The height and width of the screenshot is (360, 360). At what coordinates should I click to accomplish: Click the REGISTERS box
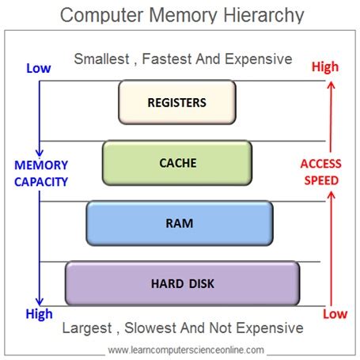pyautogui.click(x=177, y=103)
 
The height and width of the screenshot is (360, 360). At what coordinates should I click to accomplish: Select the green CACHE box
pyautogui.click(x=177, y=163)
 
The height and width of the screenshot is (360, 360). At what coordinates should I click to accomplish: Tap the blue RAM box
pyautogui.click(x=179, y=222)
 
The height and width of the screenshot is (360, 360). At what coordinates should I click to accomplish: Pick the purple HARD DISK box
pyautogui.click(x=182, y=283)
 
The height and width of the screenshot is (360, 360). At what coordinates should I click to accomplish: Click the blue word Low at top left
pyautogui.click(x=38, y=68)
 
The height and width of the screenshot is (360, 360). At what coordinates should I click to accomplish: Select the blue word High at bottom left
pyautogui.click(x=38, y=314)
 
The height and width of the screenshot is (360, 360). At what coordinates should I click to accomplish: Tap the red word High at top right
pyautogui.click(x=324, y=68)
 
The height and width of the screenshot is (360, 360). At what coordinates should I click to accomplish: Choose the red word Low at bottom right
pyautogui.click(x=335, y=314)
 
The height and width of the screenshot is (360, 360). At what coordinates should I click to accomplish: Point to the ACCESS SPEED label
pyautogui.click(x=320, y=172)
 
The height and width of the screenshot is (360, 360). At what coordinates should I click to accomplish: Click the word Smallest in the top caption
pyautogui.click(x=102, y=59)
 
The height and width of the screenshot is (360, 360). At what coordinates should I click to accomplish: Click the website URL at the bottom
pyautogui.click(x=186, y=349)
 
